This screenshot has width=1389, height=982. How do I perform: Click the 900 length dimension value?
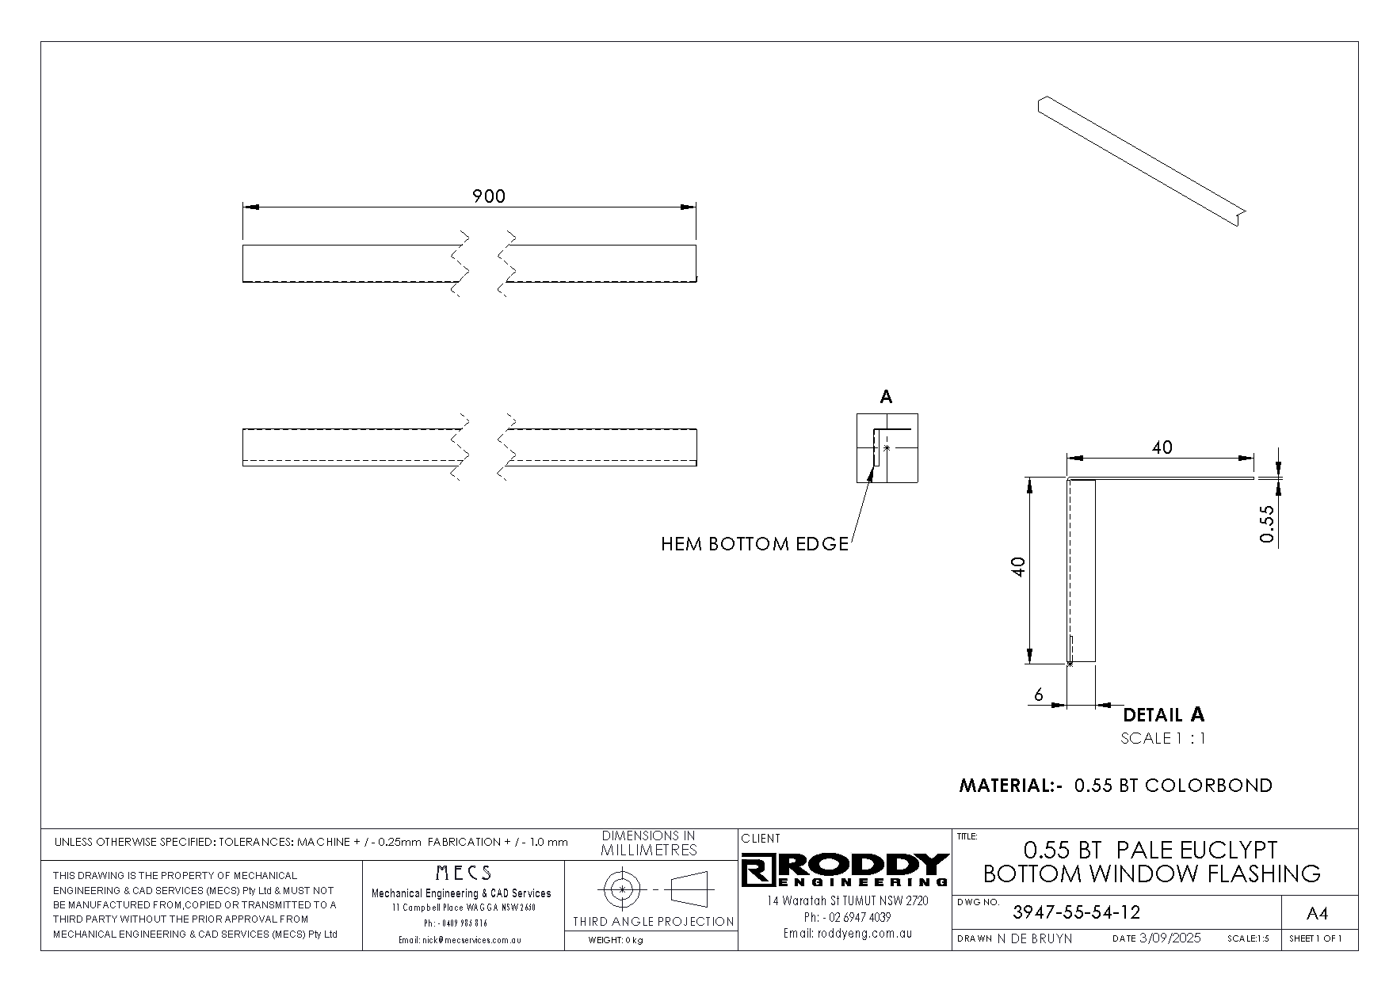click(488, 196)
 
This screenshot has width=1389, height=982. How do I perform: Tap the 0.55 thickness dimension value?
click(1267, 523)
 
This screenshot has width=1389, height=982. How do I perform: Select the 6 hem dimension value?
click(1039, 695)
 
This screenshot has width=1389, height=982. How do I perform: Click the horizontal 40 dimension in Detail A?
click(1162, 447)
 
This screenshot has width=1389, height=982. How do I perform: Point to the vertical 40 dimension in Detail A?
click(1019, 566)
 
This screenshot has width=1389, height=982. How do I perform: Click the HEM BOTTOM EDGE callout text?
click(754, 545)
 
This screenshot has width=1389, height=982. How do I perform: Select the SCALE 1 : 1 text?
click(1163, 739)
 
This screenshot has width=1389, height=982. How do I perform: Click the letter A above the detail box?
click(887, 397)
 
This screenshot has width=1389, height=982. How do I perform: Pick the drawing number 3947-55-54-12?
click(1076, 912)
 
